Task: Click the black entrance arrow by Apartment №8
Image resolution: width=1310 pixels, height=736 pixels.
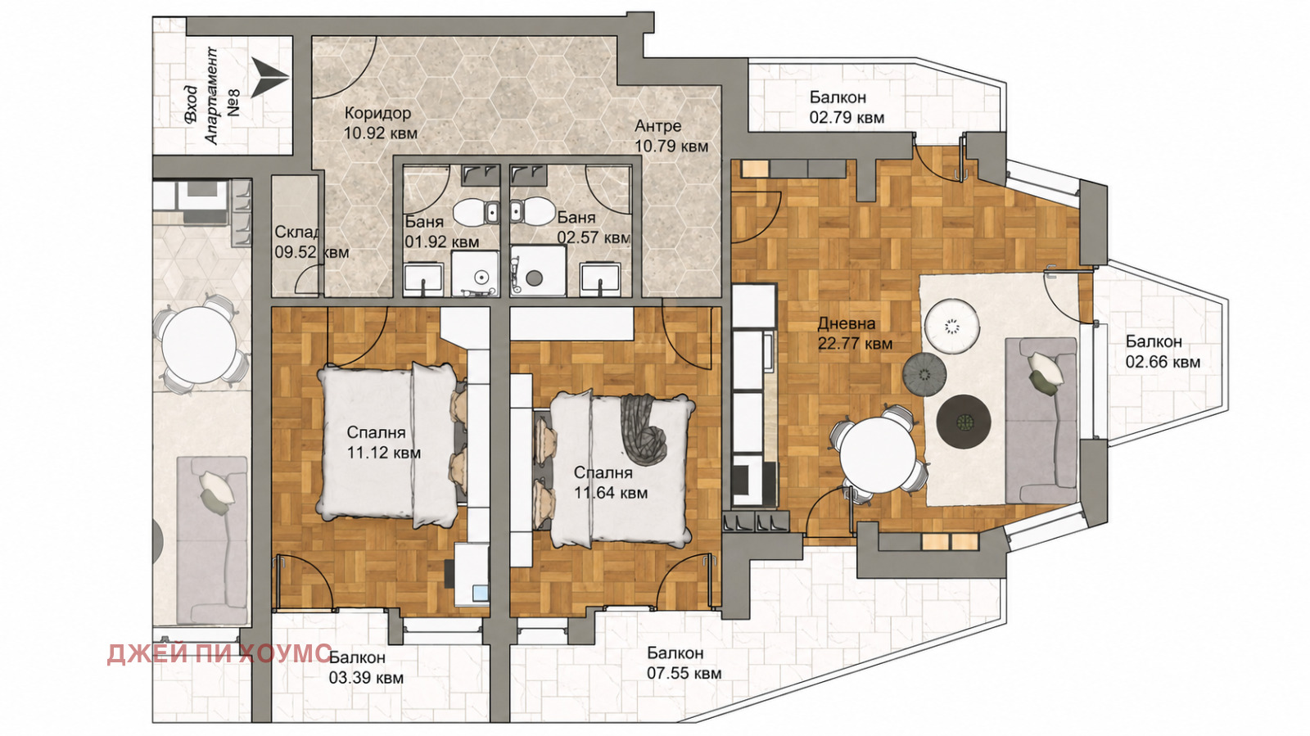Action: coord(270,77)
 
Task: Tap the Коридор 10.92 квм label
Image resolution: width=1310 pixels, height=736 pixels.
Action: coord(381,123)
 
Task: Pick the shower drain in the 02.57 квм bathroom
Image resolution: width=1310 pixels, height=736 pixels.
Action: coord(534,277)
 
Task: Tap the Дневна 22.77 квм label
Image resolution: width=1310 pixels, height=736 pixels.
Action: coord(855,333)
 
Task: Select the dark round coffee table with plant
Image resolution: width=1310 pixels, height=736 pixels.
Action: coord(963,422)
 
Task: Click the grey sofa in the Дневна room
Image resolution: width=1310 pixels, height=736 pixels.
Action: coord(1041,420)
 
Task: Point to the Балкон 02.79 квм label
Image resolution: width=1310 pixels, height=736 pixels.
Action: coord(847,107)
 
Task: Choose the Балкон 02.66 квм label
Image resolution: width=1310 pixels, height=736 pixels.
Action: coord(1163,351)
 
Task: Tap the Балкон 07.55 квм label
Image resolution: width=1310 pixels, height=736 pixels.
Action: coord(684,663)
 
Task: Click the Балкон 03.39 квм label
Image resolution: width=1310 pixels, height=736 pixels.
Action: coord(366,667)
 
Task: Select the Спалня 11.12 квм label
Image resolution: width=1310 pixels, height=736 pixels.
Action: coord(383,443)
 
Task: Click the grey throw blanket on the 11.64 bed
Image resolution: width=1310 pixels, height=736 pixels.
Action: coord(644,431)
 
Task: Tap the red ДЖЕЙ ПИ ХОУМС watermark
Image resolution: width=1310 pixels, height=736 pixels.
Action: coord(219,653)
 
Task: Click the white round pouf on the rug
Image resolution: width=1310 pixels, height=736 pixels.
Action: coord(952,326)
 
